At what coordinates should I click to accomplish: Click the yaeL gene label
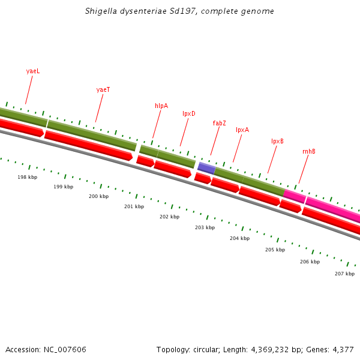click(33, 71)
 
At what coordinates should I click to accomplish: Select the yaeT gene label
click(103, 89)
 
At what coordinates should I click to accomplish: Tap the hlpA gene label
click(161, 106)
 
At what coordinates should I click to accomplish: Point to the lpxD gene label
click(189, 113)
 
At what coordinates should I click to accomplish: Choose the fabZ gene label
click(219, 123)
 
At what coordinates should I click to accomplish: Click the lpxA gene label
click(242, 130)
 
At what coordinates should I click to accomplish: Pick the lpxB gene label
click(277, 142)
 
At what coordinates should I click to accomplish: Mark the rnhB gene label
click(309, 151)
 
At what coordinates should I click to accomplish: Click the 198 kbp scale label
click(28, 177)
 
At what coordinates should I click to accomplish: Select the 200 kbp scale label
click(99, 196)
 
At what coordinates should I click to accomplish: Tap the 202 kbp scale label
click(169, 217)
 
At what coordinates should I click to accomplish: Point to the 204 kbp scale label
click(239, 238)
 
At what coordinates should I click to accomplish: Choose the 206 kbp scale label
click(310, 262)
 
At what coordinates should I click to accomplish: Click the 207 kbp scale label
click(344, 274)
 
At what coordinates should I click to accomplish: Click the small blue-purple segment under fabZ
click(206, 168)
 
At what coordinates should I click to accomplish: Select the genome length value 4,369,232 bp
click(279, 349)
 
